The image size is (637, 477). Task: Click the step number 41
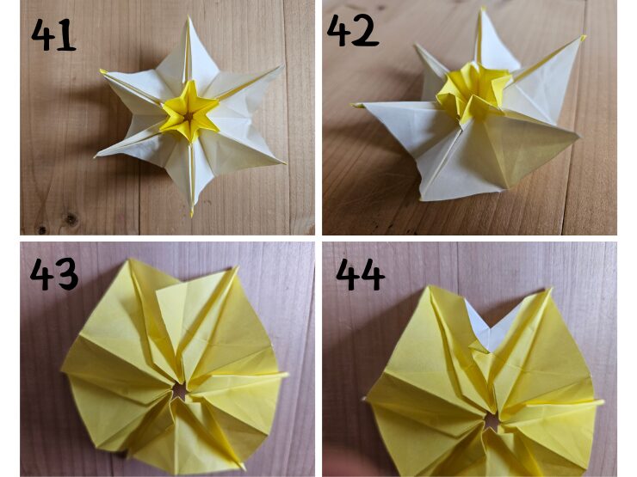tap(53, 34)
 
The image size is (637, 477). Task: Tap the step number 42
tap(353, 30)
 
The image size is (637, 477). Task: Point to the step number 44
tap(361, 275)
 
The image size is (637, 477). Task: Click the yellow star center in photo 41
tap(189, 113)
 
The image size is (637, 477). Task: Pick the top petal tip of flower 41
tap(189, 18)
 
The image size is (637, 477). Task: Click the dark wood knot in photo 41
tap(71, 219)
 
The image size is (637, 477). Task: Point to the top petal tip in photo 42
tap(483, 9)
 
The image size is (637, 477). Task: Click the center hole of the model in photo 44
tap(492, 422)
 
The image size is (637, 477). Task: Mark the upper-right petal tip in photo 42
tap(584, 38)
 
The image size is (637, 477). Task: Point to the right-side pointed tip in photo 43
tap(286, 374)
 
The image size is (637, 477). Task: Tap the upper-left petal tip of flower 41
tap(102, 71)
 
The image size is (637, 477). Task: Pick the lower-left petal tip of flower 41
tap(96, 156)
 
